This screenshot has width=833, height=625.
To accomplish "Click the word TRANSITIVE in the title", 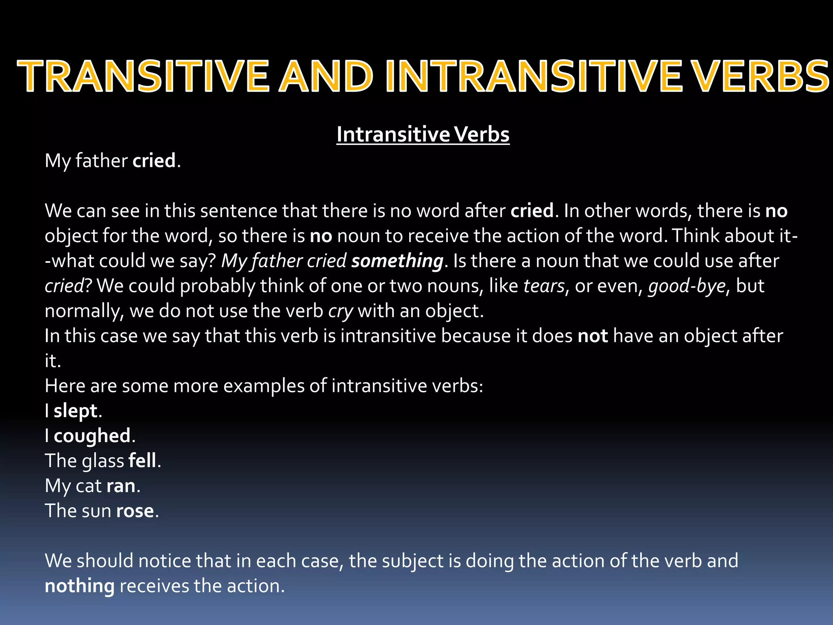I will [143, 76].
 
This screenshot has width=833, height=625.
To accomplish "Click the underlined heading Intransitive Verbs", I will [423, 135].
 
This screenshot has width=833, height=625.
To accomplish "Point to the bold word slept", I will [76, 411].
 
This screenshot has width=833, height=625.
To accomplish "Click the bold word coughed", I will [92, 436].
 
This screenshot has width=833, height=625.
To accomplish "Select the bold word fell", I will [142, 461].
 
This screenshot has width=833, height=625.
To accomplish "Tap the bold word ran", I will [121, 486].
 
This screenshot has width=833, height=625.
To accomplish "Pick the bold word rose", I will [135, 511].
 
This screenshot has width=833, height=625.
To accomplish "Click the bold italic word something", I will [397, 261].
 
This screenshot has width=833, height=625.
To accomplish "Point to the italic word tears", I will [544, 286].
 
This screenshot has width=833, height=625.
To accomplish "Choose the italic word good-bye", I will [687, 286].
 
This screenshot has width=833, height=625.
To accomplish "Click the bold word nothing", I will [80, 586].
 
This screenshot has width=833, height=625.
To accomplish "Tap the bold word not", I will [593, 336].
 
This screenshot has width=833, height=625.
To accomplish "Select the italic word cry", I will [340, 312].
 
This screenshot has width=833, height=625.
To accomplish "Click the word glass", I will [103, 461].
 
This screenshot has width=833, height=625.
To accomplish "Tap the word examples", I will [264, 386].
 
